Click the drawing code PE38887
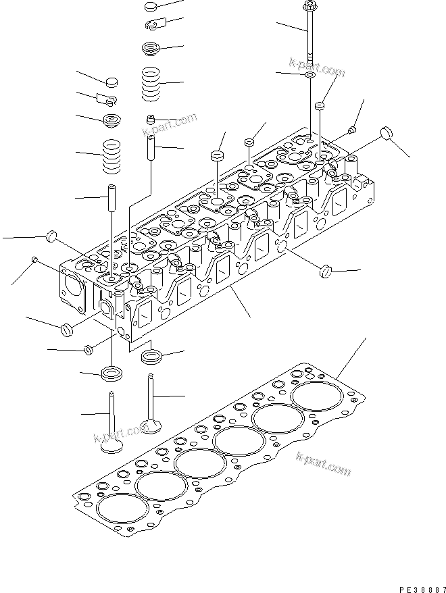422,589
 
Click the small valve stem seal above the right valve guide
151,120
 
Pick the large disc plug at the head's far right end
387,134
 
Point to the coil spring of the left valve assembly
112,157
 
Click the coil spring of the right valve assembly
151,84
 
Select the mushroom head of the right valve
151,426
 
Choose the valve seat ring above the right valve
151,357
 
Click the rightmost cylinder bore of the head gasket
317,396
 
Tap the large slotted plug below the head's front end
67,330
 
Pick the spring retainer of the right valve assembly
151,48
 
